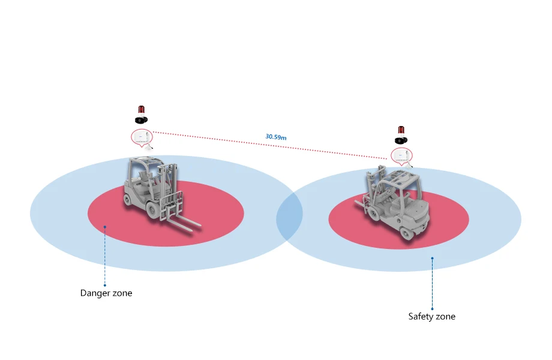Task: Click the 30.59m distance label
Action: [x=276, y=137]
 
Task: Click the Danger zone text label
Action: [x=106, y=293]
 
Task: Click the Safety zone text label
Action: [x=432, y=316]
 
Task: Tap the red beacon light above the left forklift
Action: [x=142, y=110]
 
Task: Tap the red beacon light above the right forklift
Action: [x=402, y=130]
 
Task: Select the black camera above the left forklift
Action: [x=142, y=119]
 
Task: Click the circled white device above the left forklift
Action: [x=141, y=136]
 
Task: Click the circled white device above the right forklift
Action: [x=401, y=156]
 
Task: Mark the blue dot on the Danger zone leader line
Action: [x=104, y=227]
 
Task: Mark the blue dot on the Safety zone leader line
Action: [x=432, y=259]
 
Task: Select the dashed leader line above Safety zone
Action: [x=432, y=285]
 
